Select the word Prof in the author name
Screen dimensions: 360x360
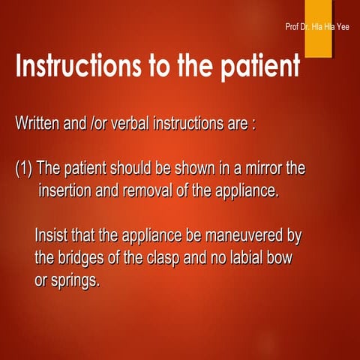coord(293,28)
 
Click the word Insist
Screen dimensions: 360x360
coord(52,235)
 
